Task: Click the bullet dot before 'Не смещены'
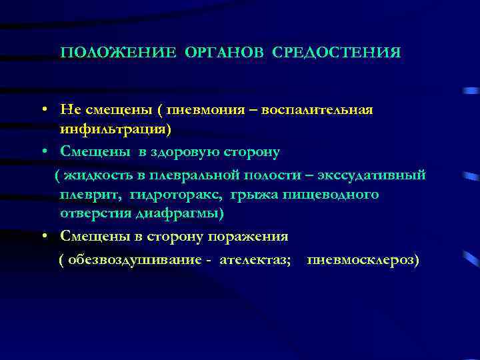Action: pos(42,109)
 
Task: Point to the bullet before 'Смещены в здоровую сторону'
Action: pos(42,152)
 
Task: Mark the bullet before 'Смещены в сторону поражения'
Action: pos(42,236)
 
